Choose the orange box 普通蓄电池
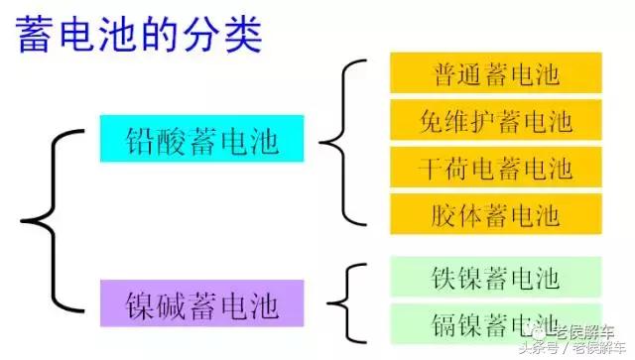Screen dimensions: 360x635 tap(496, 73)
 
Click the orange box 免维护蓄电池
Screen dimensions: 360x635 tap(496, 121)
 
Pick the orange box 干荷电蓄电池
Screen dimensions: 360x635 tap(496, 168)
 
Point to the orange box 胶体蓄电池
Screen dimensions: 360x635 tap(496, 214)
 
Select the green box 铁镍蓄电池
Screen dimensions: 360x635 tap(496, 277)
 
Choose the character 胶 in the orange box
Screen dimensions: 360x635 tap(445, 214)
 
